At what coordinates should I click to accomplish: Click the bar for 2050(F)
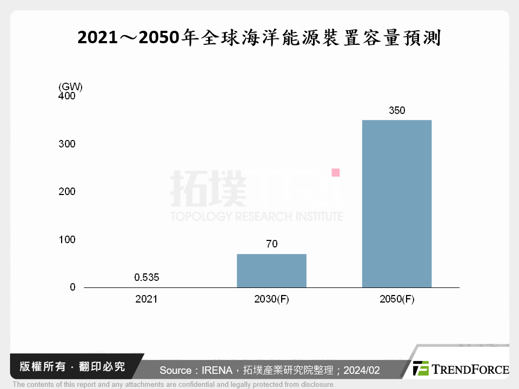tap(396, 204)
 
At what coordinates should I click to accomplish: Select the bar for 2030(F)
tap(271, 271)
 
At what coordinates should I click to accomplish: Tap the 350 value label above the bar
tap(397, 111)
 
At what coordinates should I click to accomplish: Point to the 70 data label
tap(271, 244)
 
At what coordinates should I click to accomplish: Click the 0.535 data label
tap(147, 278)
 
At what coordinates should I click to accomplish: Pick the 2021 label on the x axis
tap(147, 299)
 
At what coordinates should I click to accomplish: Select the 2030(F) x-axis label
tap(271, 299)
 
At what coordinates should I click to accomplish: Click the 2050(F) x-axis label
tap(397, 299)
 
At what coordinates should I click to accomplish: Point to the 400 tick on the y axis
tap(68, 96)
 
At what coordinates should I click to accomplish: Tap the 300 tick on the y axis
tap(68, 144)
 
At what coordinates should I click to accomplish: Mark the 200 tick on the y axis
tap(68, 192)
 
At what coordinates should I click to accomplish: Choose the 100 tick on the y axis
tap(68, 239)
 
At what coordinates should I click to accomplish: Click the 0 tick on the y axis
tap(72, 287)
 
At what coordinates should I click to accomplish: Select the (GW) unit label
tap(70, 86)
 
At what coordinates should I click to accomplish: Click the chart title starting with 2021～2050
tap(259, 38)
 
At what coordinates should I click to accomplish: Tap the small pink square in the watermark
tap(335, 172)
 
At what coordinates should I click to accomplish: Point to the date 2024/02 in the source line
tap(361, 370)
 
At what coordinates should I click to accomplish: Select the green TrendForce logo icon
tap(421, 368)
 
